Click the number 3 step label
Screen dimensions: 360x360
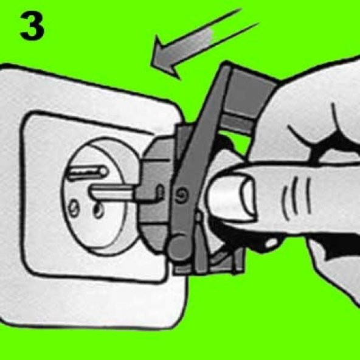pyautogui.click(x=32, y=26)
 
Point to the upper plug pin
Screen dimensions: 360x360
pyautogui.click(x=88, y=172)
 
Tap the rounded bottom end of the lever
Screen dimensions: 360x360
pyautogui.click(x=179, y=247)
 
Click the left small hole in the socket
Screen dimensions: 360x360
pyautogui.click(x=73, y=209)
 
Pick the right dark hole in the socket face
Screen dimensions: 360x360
pyautogui.click(x=99, y=210)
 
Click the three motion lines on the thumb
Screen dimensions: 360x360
pyautogui.click(x=296, y=198)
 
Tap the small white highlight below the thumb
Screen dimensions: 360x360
pyautogui.click(x=271, y=243)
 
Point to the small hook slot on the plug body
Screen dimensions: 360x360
pyautogui.click(x=159, y=191)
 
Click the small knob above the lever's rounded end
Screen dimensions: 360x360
pyautogui.click(x=198, y=216)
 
